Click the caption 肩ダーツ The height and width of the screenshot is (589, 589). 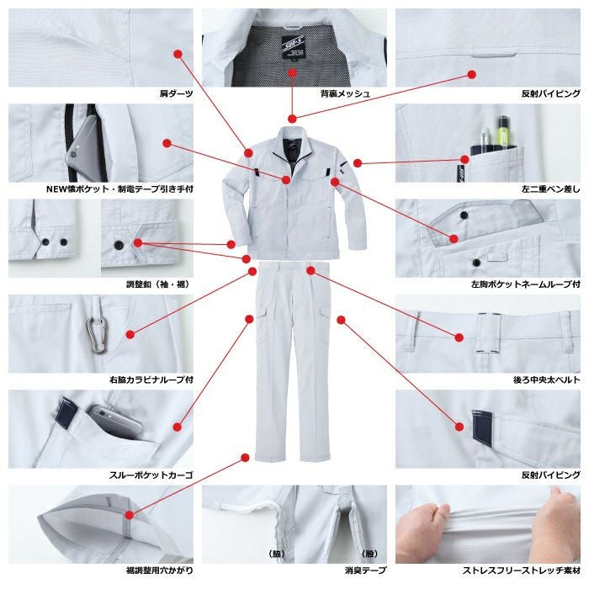(176, 93)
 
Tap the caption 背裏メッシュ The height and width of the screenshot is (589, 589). (345, 93)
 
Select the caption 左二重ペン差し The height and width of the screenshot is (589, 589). (550, 189)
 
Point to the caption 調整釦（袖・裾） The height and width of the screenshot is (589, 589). (158, 284)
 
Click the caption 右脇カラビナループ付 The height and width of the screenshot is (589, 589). (151, 379)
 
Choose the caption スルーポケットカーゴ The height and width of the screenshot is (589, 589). (151, 475)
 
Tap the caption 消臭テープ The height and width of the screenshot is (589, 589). (365, 570)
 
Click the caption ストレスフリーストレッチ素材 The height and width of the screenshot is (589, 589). (522, 570)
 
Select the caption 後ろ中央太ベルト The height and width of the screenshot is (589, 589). (547, 379)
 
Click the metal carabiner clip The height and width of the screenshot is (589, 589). (98, 335)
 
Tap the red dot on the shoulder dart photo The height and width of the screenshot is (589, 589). (178, 54)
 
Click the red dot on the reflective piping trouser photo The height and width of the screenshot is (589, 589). (459, 427)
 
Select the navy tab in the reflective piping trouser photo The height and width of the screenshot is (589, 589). (483, 427)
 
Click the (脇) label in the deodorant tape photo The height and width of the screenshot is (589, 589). (277, 554)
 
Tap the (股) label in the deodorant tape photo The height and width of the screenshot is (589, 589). (369, 554)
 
